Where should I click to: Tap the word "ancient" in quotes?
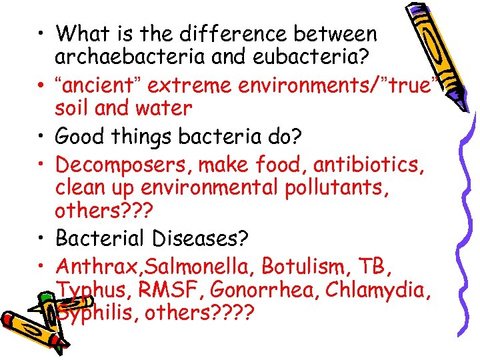(x=97, y=85)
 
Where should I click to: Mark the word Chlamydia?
(x=384, y=290)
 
